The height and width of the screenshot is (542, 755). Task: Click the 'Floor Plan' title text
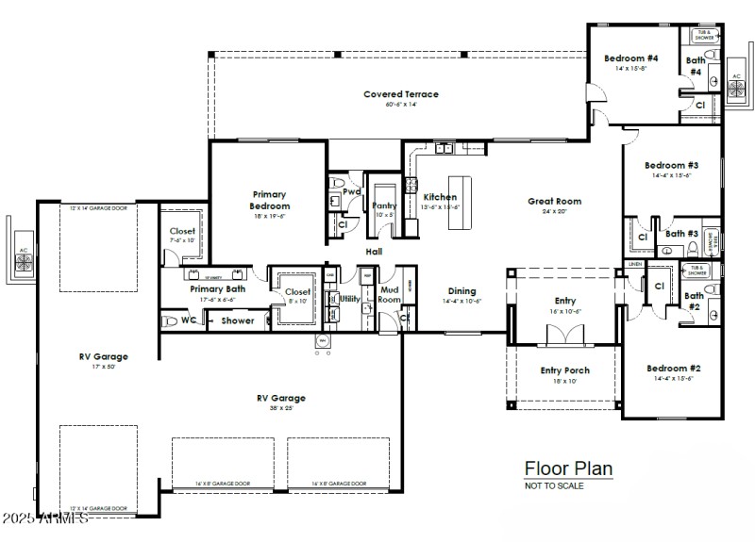pos(568,468)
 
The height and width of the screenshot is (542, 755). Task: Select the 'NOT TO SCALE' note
pos(554,486)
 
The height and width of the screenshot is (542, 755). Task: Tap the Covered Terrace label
pos(401,94)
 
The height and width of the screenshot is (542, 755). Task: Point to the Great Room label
pos(554,201)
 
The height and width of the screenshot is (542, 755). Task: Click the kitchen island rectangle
pos(459,202)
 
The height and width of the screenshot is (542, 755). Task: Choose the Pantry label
pos(384,205)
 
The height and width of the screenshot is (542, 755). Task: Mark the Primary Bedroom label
pos(269,200)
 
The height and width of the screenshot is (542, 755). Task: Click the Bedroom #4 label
pos(630,58)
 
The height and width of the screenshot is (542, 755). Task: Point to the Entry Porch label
pos(563,370)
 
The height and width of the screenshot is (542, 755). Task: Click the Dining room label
pos(461,291)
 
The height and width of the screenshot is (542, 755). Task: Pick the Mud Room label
pos(390,296)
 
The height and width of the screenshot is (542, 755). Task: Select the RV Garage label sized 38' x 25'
pos(281,398)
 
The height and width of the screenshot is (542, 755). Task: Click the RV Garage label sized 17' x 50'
pos(104,356)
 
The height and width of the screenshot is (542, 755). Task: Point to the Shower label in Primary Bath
pos(238,320)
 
